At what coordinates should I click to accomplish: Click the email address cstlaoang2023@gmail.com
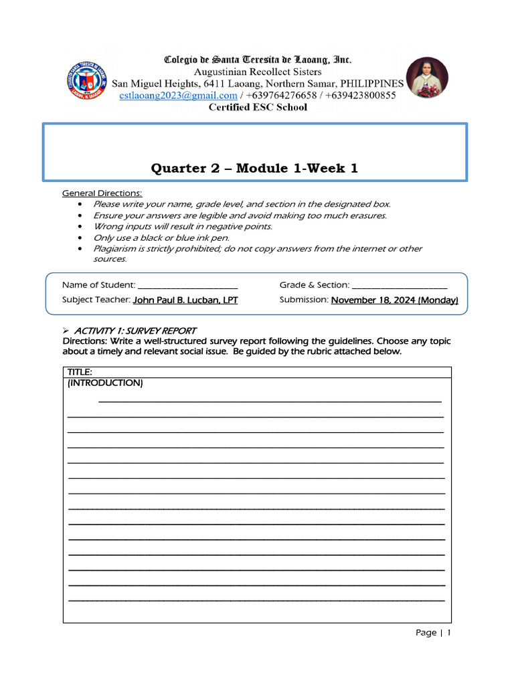click(178, 96)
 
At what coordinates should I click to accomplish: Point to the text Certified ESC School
click(258, 107)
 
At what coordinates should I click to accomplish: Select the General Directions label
click(102, 193)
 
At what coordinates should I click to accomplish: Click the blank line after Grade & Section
click(399, 286)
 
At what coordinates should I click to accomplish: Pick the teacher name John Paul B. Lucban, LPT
click(185, 300)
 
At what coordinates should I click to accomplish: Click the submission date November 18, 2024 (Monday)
click(394, 300)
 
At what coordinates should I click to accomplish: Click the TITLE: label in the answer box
click(80, 372)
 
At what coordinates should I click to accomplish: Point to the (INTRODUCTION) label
click(105, 383)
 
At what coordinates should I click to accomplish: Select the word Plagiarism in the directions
click(115, 249)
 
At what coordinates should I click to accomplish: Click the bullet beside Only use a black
click(80, 237)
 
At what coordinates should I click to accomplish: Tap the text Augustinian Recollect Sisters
click(258, 72)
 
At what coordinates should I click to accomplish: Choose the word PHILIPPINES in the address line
click(372, 84)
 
